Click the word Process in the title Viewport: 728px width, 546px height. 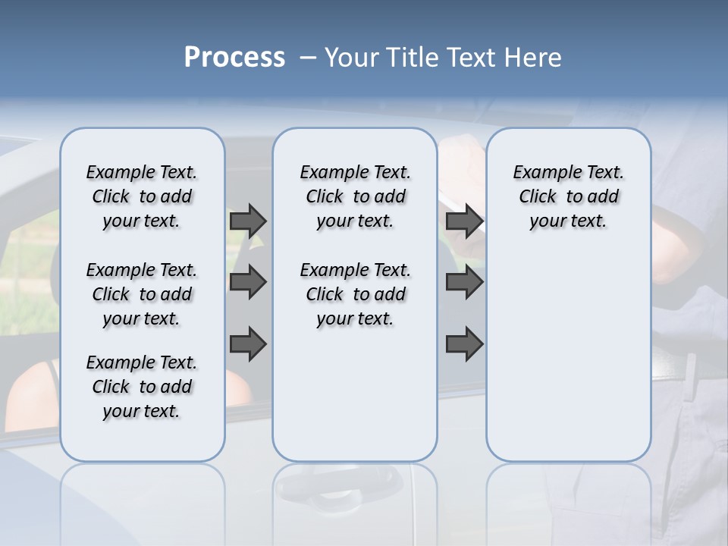(234, 58)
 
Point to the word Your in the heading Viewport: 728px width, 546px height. (352, 58)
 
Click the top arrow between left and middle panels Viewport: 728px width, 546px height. (248, 221)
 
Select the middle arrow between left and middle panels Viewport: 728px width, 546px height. (248, 282)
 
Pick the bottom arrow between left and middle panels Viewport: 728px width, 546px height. (248, 344)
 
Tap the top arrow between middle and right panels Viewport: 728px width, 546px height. (464, 221)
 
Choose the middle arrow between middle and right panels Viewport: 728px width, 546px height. (464, 282)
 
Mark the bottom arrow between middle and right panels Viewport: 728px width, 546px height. (464, 344)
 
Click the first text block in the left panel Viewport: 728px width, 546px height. (141, 196)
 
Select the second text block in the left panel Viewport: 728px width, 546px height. (141, 294)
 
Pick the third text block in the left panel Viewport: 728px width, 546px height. (141, 387)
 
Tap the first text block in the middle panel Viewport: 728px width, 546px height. (355, 196)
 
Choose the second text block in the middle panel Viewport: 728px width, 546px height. (355, 294)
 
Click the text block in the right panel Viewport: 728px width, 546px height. (568, 196)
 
